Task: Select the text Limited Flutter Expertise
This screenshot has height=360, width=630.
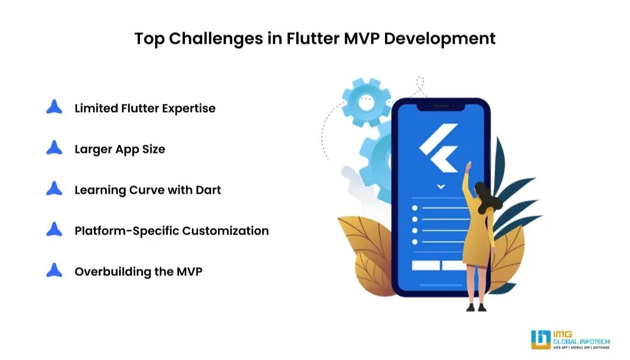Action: click(x=145, y=109)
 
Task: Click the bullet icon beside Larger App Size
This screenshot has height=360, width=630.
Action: click(x=54, y=148)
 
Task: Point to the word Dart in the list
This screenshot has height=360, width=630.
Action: click(x=208, y=190)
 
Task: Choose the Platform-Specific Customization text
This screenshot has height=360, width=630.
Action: click(x=171, y=231)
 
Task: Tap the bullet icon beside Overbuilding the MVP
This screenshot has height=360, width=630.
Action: click(x=54, y=270)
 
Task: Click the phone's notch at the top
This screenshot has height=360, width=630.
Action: click(x=441, y=107)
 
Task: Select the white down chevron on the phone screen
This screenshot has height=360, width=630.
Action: click(x=441, y=187)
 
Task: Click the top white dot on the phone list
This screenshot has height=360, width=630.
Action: click(x=415, y=208)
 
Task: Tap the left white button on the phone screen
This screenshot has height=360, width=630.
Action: click(x=426, y=265)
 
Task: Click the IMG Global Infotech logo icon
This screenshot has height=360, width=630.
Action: click(x=541, y=340)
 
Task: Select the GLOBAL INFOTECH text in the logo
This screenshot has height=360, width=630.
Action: click(x=582, y=341)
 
